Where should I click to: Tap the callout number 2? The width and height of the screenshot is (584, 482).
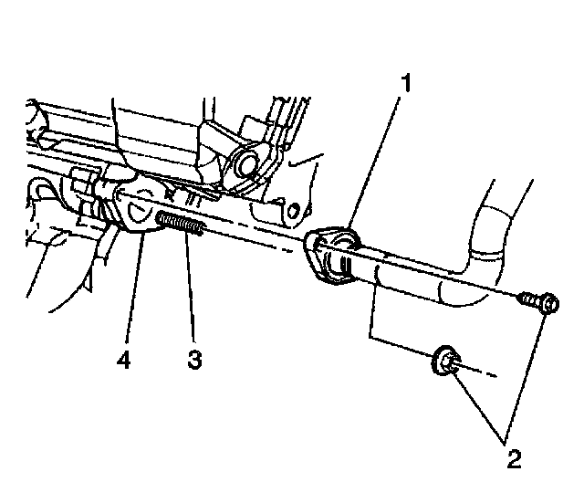[515, 454]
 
